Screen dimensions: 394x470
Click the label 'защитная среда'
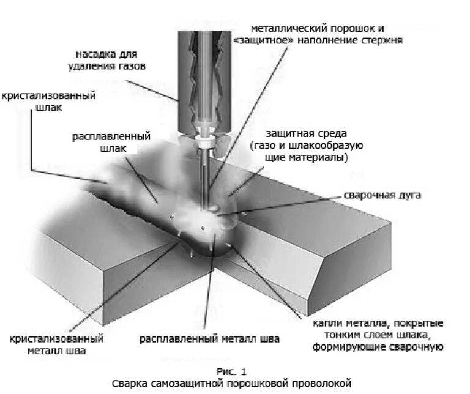306,133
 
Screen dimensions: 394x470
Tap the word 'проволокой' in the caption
318,383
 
